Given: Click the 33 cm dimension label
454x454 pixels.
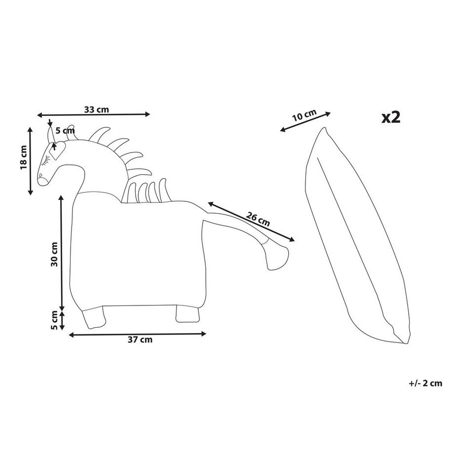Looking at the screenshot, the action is pyautogui.click(x=96, y=110).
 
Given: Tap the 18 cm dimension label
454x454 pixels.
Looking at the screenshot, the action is pyautogui.click(x=24, y=157).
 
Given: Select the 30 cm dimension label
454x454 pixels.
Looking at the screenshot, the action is pyautogui.click(x=54, y=254).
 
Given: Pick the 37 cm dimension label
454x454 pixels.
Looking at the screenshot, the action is pyautogui.click(x=140, y=340).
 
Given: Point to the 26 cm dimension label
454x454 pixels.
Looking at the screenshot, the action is pyautogui.click(x=258, y=219).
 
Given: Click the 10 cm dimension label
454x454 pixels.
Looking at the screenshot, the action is pyautogui.click(x=304, y=115).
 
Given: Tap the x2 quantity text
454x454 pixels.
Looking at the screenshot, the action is pyautogui.click(x=391, y=117).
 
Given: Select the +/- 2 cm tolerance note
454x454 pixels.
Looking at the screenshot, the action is pyautogui.click(x=425, y=383).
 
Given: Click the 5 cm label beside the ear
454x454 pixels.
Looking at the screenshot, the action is pyautogui.click(x=65, y=131).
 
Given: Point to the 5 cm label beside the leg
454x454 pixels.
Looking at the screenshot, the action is pyautogui.click(x=54, y=320).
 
